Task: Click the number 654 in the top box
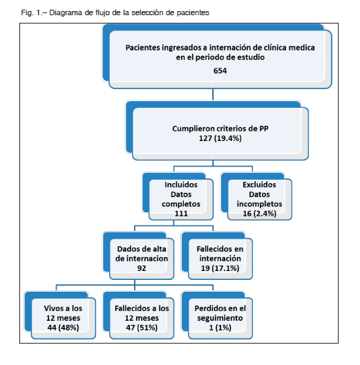tap(220, 71)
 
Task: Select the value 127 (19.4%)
tap(220, 138)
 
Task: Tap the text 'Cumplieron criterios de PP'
tap(220, 129)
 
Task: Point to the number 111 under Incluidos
tap(181, 214)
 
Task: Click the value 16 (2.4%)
tap(260, 214)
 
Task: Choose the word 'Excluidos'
tap(259, 185)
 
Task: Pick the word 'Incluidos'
tap(181, 185)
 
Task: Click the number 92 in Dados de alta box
tap(142, 268)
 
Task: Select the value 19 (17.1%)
tap(220, 268)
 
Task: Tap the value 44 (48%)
tap(63, 328)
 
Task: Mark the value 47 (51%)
tap(142, 328)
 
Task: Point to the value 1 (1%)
tap(220, 328)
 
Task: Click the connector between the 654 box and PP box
tap(213, 94)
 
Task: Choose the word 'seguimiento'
tap(220, 318)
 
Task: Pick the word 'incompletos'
tap(260, 204)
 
